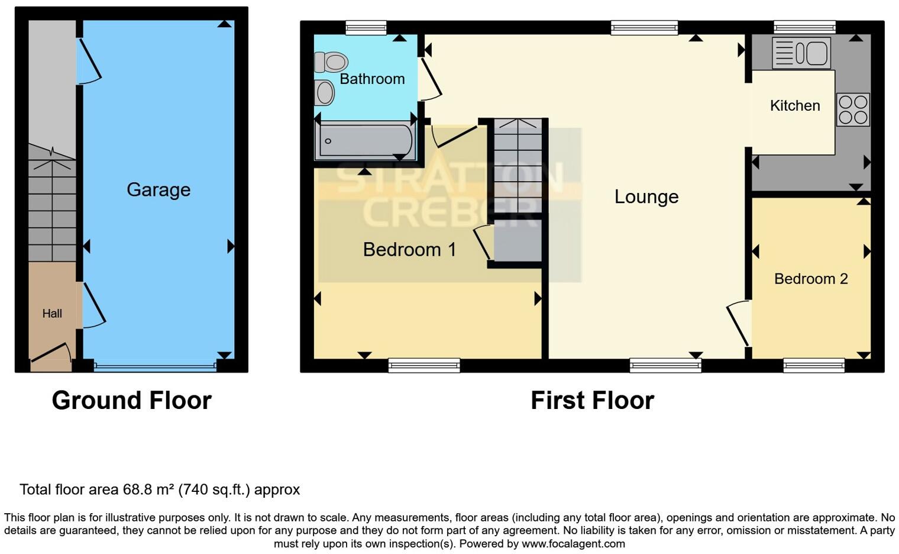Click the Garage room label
pos(159,189)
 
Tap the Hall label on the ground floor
pos(52,313)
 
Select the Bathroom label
pos(372,79)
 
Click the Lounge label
pos(646,197)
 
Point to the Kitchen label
pos(794,105)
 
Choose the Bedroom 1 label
pos(409,249)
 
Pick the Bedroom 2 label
pos(810,278)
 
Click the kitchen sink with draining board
pos(801,53)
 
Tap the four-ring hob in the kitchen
pos(853,109)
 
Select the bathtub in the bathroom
pos(365,141)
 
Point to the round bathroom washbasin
pos(324,92)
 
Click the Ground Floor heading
pos(131,400)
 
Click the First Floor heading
pos(592,400)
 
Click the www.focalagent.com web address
pos(573,543)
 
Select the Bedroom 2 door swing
pos(738,323)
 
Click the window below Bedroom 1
pos(424,365)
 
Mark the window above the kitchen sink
pos(804,27)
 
